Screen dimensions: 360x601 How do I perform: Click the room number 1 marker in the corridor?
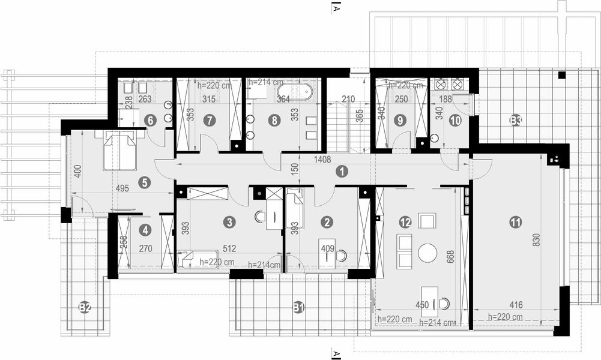coord(341,171)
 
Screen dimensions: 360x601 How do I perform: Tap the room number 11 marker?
coord(515,222)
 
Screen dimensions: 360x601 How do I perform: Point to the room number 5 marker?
coord(143,182)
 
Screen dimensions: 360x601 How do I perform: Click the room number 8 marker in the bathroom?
coord(274,121)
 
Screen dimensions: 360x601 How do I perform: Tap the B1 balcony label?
coord(298,308)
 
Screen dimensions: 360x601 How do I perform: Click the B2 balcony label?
coord(85,308)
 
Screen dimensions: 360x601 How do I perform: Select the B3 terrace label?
coord(515,121)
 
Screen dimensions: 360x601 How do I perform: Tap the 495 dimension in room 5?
coord(122,188)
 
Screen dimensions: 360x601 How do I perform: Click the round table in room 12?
coord(427,253)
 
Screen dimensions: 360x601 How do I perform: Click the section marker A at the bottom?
coord(337,352)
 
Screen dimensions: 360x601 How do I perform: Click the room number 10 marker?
coord(455,121)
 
